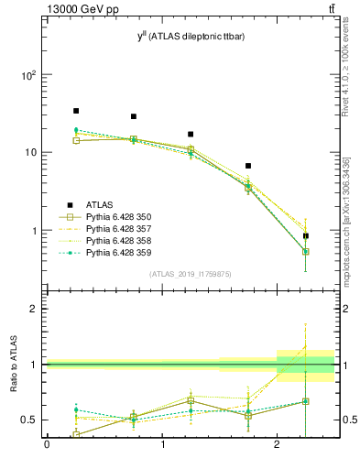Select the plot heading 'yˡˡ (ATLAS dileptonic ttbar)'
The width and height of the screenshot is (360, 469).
(191, 36)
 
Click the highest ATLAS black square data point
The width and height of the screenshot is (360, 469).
(76, 111)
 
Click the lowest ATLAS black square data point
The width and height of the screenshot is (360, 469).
(306, 235)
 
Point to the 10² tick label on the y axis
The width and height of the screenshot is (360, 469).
(29, 75)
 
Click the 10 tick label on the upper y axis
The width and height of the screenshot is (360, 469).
(31, 153)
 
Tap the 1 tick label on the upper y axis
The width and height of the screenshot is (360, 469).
(35, 231)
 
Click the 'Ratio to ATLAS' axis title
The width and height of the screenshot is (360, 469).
(13, 365)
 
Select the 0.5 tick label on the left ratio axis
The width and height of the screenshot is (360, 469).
(29, 420)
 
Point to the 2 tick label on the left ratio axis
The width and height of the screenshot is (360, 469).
(35, 309)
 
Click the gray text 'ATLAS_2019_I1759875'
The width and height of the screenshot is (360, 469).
(191, 274)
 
